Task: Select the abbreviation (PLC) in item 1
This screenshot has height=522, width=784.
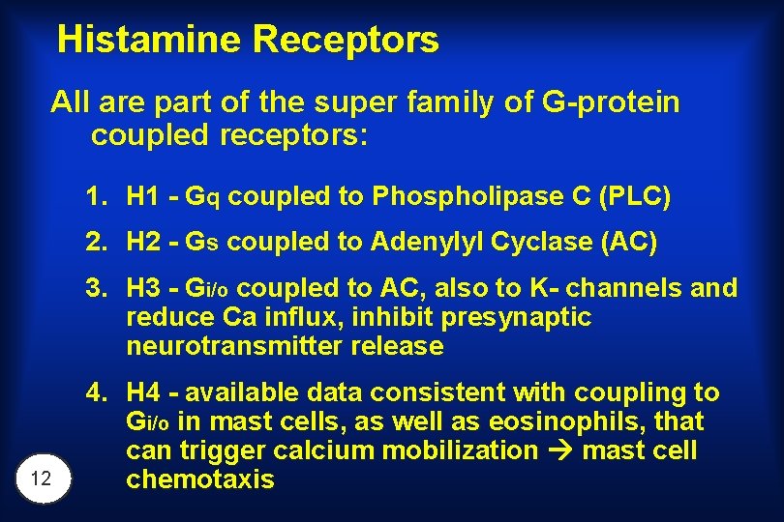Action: click(x=635, y=197)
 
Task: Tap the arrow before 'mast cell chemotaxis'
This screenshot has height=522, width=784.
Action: click(x=557, y=451)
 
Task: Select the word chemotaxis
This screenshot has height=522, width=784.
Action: click(x=200, y=479)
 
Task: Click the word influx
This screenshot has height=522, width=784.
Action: click(x=286, y=317)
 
